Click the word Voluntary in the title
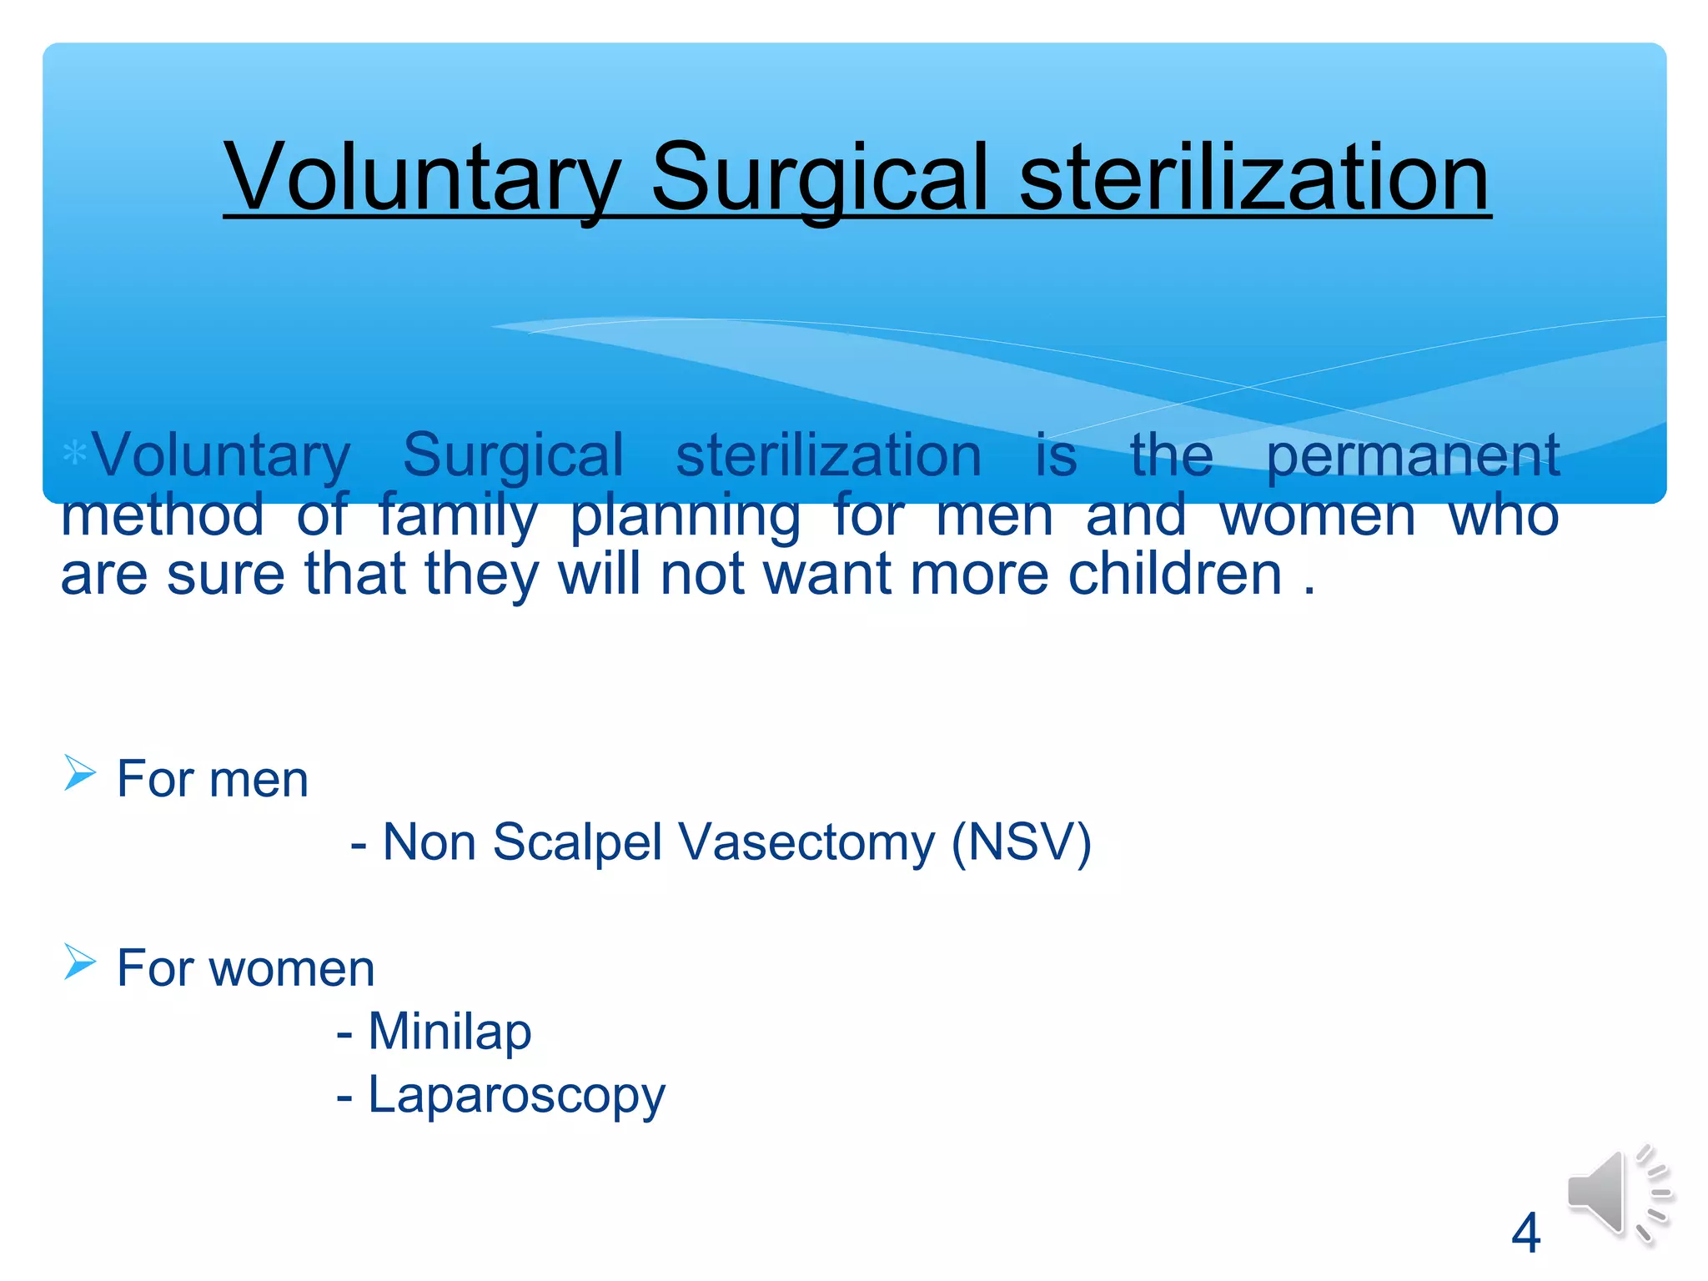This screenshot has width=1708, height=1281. [x=422, y=178]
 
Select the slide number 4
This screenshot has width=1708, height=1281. [x=1525, y=1233]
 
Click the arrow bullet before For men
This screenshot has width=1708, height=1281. [x=80, y=772]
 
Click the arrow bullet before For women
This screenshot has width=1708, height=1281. [x=80, y=962]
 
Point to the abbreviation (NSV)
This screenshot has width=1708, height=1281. [x=1022, y=841]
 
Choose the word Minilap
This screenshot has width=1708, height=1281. [x=450, y=1031]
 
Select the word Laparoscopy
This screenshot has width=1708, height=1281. [x=516, y=1095]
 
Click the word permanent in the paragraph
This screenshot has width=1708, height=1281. [x=1412, y=456]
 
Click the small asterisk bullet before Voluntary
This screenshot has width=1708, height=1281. [x=75, y=454]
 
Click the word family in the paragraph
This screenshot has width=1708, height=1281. [x=458, y=516]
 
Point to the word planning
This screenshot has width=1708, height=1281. [x=685, y=516]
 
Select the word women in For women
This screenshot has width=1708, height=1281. [x=291, y=969]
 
